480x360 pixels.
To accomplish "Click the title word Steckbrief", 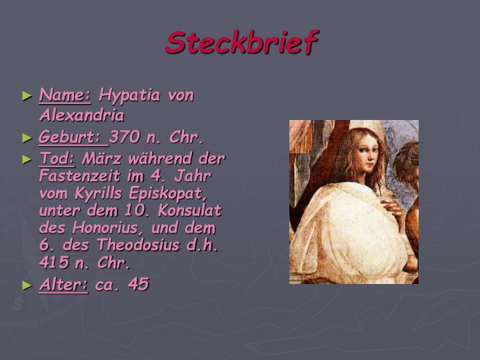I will (x=242, y=43).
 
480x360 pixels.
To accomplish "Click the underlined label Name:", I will (x=65, y=95).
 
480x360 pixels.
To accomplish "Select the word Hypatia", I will (x=130, y=96).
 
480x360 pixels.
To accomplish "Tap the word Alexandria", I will (x=82, y=115).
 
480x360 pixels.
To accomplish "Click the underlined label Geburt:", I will (x=72, y=138).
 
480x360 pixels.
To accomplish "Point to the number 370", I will (x=125, y=138).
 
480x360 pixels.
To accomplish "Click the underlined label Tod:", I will (x=58, y=159).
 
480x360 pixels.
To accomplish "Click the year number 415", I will (x=53, y=262).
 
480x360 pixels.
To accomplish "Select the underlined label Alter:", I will (x=64, y=285).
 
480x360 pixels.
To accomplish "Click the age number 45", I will (x=139, y=285).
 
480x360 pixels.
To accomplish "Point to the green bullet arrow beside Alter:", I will (x=27, y=285).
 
